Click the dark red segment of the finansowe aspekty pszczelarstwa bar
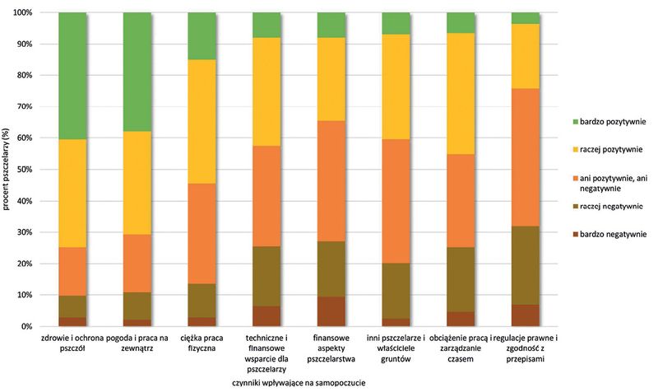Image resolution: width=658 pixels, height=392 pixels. (x=331, y=311)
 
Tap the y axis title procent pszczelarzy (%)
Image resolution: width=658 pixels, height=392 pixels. (x=7, y=170)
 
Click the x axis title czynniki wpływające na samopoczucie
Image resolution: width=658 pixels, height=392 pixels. (x=298, y=383)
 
